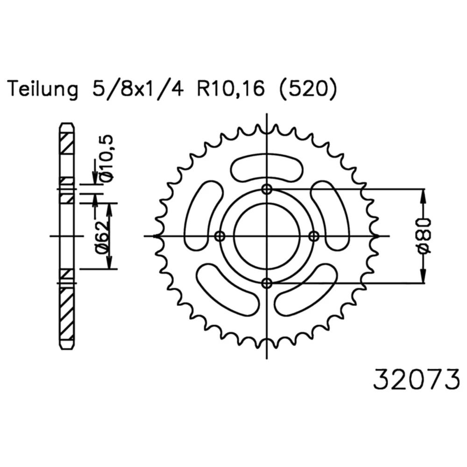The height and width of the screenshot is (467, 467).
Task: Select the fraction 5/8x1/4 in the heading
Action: [138, 88]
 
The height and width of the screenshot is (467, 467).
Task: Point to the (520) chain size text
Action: [307, 88]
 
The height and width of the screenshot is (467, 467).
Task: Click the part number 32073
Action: [417, 379]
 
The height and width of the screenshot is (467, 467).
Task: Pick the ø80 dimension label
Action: [425, 236]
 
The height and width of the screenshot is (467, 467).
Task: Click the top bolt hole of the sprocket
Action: [267, 189]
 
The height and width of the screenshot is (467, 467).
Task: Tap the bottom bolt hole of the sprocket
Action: [267, 283]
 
